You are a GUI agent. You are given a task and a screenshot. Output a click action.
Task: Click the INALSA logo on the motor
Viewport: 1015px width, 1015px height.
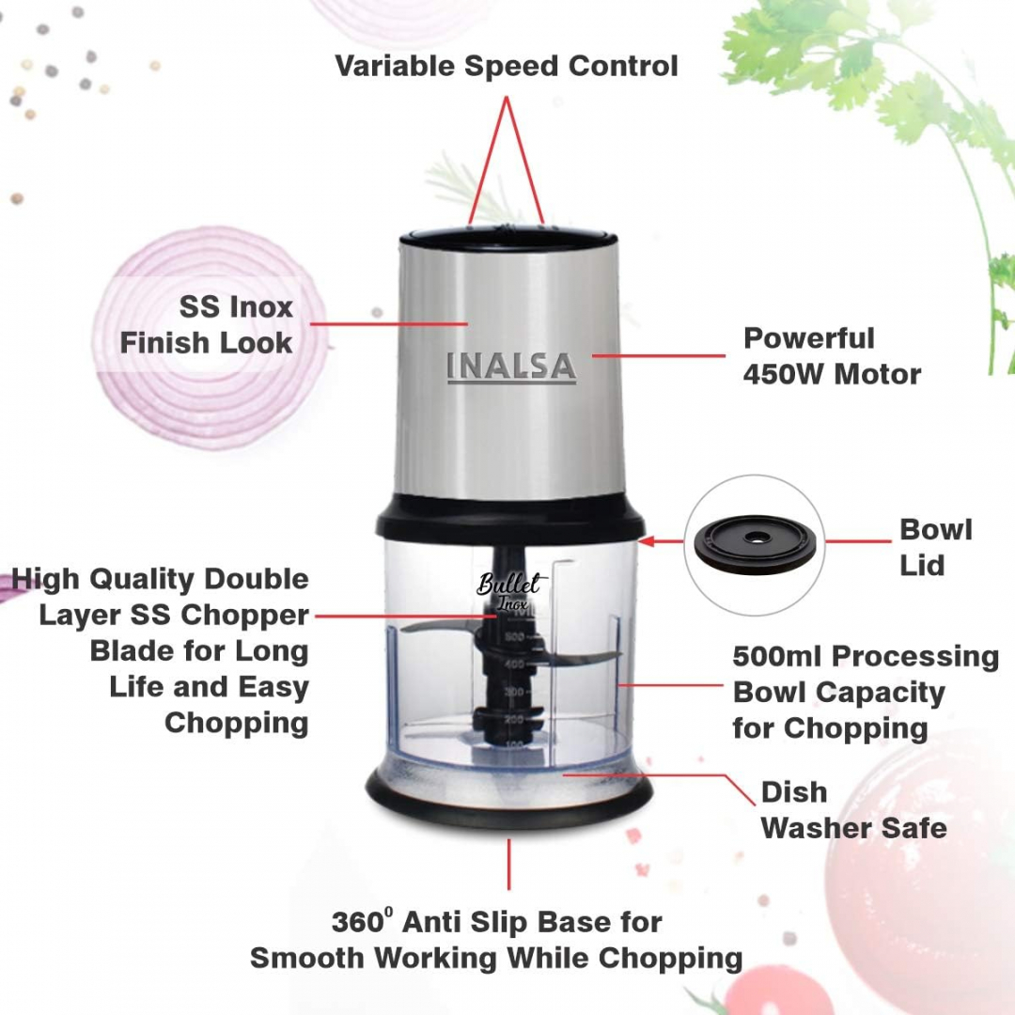pyautogui.click(x=510, y=367)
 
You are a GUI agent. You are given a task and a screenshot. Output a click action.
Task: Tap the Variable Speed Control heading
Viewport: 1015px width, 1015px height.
pyautogui.click(x=507, y=67)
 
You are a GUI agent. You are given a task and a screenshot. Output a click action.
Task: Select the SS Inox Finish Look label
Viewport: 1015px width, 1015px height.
pyautogui.click(x=207, y=325)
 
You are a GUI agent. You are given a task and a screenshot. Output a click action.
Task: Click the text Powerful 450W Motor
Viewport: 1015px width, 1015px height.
pyautogui.click(x=831, y=356)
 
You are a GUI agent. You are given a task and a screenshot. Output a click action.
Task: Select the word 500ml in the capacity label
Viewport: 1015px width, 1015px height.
pyautogui.click(x=777, y=656)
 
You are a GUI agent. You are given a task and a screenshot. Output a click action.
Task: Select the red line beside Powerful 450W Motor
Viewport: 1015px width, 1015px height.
pyautogui.click(x=658, y=356)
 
